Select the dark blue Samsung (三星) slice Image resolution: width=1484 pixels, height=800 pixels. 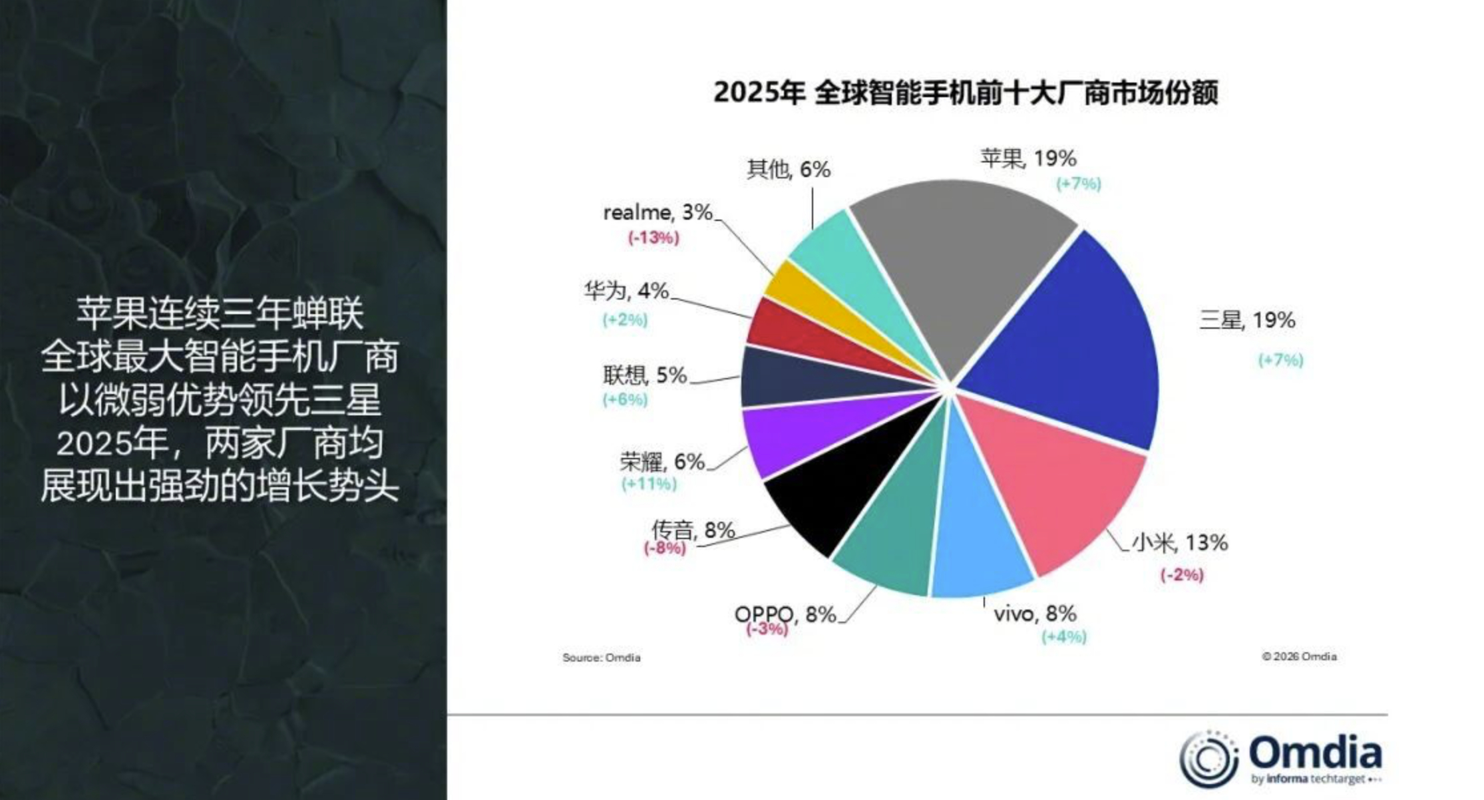[x=1071, y=346]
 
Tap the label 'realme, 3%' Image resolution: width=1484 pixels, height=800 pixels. [x=657, y=212]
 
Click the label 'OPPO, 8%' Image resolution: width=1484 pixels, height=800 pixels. [x=785, y=614]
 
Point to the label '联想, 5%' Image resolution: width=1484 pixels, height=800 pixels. [x=645, y=375]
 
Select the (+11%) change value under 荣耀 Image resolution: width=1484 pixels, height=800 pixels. [x=649, y=484]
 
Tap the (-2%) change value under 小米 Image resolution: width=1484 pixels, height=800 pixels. [x=1182, y=574]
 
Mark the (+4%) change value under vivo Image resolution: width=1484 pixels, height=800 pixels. [x=1063, y=637]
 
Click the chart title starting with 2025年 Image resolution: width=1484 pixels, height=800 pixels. [x=966, y=93]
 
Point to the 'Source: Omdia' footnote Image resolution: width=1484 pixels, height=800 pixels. [x=602, y=658]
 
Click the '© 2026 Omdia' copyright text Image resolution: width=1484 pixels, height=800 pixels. [x=1299, y=657]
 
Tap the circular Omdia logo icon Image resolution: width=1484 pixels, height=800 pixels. [x=1208, y=759]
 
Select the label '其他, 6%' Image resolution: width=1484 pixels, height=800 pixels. [x=789, y=170]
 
